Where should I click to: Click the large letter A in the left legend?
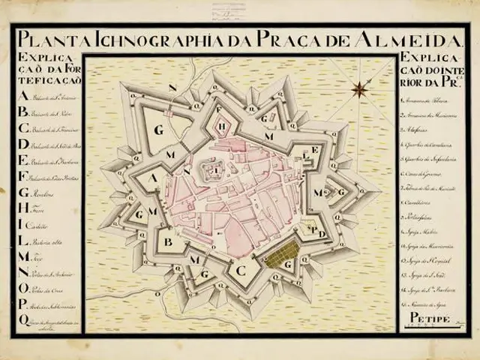pyautogui.click(x=22, y=96)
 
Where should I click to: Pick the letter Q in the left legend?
pyautogui.click(x=23, y=320)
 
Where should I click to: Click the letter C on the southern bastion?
pyautogui.click(x=241, y=269)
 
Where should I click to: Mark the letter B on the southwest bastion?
pyautogui.click(x=169, y=242)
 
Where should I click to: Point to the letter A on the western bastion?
pyautogui.click(x=153, y=178)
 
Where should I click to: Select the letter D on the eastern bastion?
pyautogui.click(x=322, y=233)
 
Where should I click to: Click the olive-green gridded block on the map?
pyautogui.click(x=281, y=257)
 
